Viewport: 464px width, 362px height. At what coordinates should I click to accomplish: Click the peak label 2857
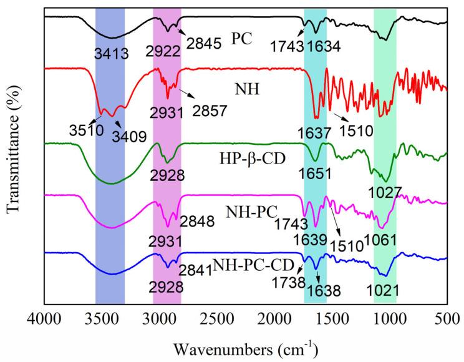tap(213, 110)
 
